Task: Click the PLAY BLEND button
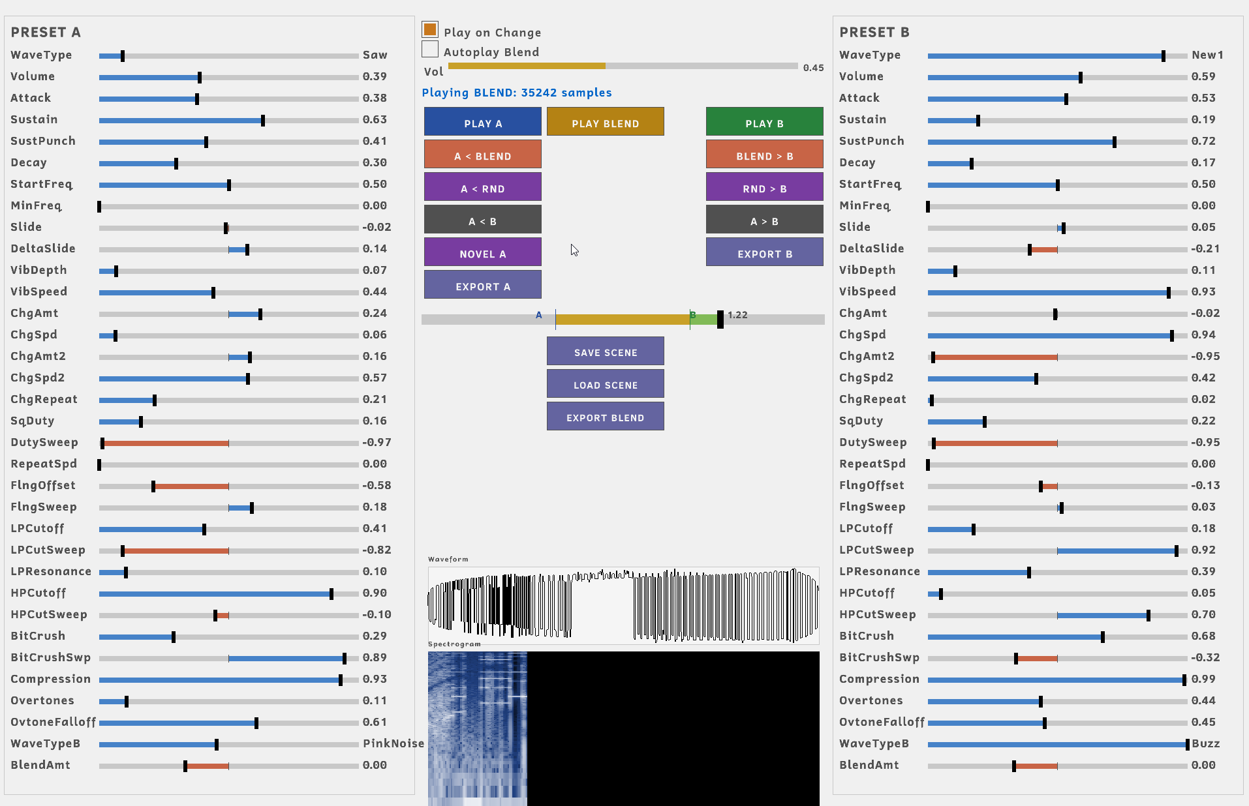click(606, 122)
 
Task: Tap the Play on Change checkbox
click(430, 29)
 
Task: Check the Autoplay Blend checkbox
click(430, 49)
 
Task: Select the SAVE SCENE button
click(606, 351)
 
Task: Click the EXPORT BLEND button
click(606, 416)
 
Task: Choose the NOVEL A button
click(483, 252)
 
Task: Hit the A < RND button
click(483, 187)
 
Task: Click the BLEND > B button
click(765, 155)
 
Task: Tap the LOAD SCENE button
click(606, 383)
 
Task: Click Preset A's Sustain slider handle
click(263, 121)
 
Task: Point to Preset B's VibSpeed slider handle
click(1169, 293)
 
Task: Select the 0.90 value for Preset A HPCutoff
click(375, 593)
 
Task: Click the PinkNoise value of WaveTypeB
click(393, 743)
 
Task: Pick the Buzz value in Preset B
click(1206, 743)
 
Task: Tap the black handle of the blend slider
click(720, 320)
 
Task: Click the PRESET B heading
click(874, 33)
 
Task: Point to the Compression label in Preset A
click(51, 679)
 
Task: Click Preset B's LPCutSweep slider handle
click(1177, 551)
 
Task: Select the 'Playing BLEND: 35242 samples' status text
click(517, 93)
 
